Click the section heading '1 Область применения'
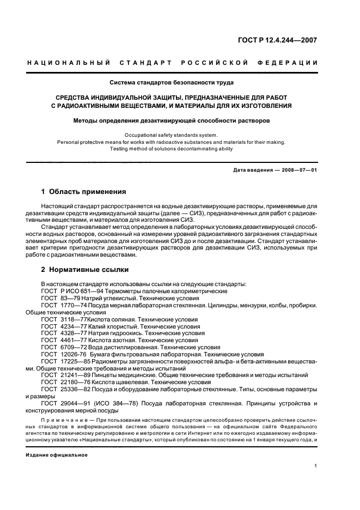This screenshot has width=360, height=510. tap(84, 192)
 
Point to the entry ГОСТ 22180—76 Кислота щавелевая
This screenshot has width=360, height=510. tap(125, 382)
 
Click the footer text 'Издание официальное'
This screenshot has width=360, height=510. tap(56, 454)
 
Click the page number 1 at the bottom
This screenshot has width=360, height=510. tap(316, 466)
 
